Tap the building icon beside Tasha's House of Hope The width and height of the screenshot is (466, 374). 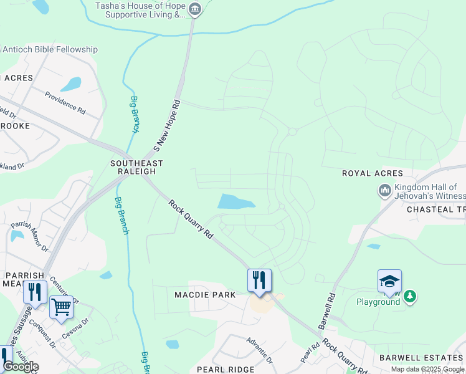click(x=195, y=9)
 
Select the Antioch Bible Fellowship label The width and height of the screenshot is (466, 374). click(x=50, y=49)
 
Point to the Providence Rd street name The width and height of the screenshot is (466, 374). click(x=65, y=102)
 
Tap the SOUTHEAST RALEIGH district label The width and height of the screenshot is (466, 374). click(x=136, y=168)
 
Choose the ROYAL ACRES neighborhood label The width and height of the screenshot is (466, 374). click(x=372, y=173)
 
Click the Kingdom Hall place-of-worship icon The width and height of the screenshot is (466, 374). click(x=384, y=189)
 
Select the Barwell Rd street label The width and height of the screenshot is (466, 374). click(x=328, y=312)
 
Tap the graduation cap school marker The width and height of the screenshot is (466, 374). click(x=389, y=281)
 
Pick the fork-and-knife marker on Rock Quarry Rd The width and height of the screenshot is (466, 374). click(x=259, y=280)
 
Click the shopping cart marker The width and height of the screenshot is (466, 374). click(x=61, y=307)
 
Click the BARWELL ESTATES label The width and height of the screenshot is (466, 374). click(x=422, y=357)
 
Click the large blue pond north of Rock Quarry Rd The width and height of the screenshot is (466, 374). click(x=235, y=201)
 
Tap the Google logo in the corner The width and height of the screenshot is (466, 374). click(x=21, y=367)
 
